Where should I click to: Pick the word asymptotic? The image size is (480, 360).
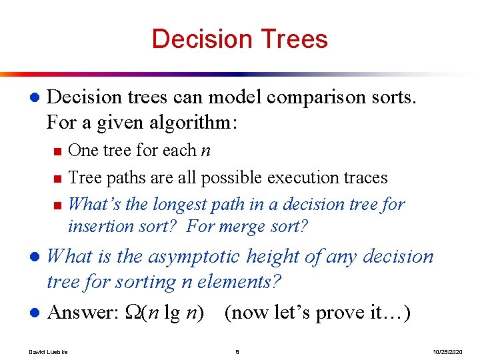(x=194, y=257)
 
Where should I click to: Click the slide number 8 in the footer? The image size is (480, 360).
(x=237, y=351)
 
